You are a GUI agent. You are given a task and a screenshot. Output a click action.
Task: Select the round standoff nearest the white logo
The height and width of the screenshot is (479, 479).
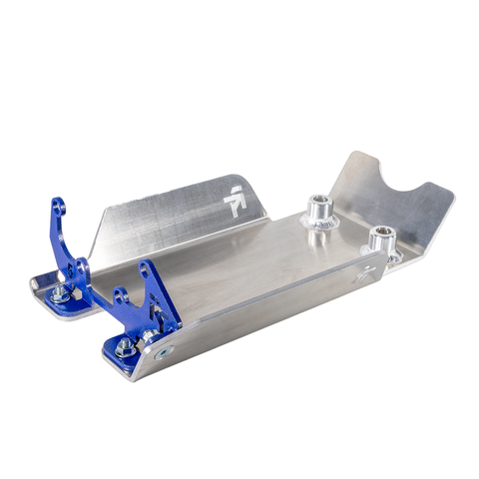[318, 211]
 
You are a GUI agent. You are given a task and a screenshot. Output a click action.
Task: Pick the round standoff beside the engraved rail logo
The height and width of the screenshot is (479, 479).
[381, 239]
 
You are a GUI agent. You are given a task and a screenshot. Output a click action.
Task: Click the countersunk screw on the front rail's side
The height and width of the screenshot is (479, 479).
[163, 352]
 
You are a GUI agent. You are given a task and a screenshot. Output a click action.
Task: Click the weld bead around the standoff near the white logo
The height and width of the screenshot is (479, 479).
[318, 227]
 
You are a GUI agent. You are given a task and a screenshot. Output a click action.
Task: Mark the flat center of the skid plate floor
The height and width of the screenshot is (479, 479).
[249, 269]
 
